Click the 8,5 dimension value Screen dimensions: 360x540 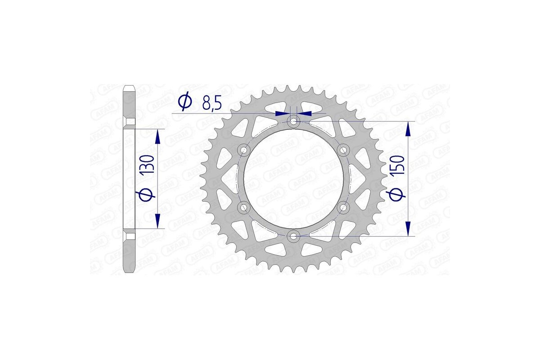point(211,104)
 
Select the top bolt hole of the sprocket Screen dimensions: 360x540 point(294,121)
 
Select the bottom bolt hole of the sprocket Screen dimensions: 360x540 point(294,235)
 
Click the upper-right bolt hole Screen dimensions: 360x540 point(343,149)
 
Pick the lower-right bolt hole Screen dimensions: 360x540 point(343,207)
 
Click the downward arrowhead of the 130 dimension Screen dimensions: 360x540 point(157,221)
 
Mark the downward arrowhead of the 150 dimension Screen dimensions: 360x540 point(408,228)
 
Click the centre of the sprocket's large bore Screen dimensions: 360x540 point(294,178)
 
